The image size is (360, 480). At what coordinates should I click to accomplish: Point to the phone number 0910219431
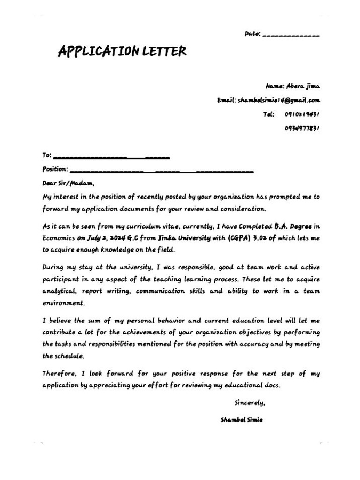[302, 114]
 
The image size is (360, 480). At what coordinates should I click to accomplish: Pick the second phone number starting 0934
[302, 128]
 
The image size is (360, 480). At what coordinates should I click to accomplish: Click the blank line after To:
[112, 156]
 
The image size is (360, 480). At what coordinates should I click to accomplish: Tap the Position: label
[55, 169]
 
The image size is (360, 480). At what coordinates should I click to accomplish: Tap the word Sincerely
[250, 403]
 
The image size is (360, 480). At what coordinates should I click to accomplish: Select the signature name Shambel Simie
[241, 420]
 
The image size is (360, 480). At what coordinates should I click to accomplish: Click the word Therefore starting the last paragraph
[60, 374]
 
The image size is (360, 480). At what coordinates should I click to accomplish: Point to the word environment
[64, 303]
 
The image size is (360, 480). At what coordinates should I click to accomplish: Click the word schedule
[70, 356]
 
